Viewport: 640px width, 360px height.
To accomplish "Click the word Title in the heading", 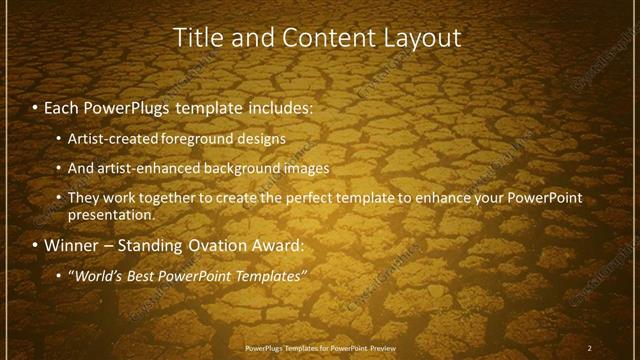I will pyautogui.click(x=198, y=38).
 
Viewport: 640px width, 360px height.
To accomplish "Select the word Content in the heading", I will pyautogui.click(x=329, y=38).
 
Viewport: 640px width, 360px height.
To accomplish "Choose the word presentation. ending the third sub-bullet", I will pyautogui.click(x=111, y=214).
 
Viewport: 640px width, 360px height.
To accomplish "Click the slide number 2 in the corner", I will pyautogui.click(x=590, y=348).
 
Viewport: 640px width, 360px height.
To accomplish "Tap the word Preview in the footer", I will pyautogui.click(x=378, y=348).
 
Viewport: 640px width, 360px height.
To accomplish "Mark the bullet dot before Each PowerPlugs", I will pyautogui.click(x=36, y=105).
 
